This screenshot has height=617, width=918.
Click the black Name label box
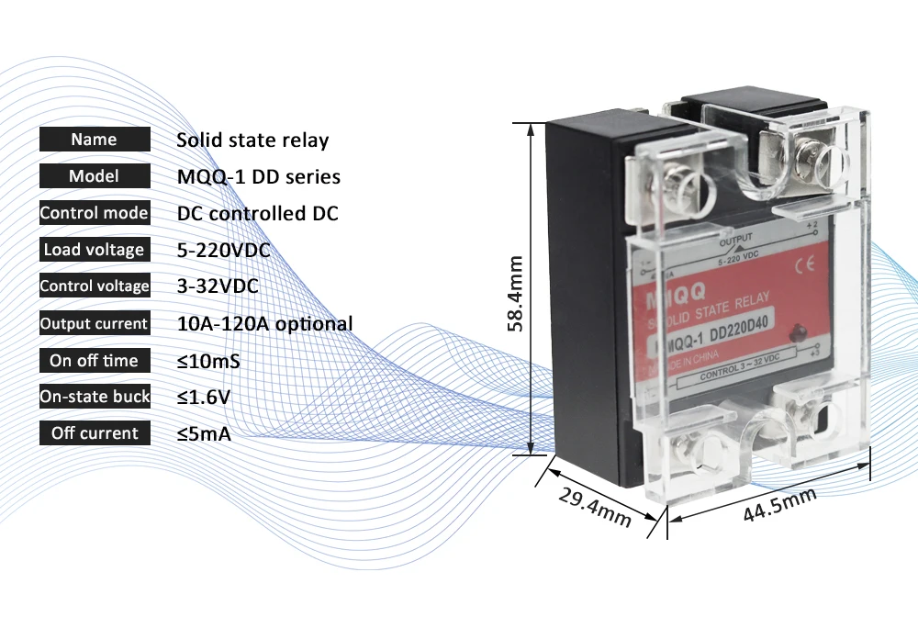pyautogui.click(x=94, y=140)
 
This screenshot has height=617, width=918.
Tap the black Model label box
pyautogui.click(x=94, y=176)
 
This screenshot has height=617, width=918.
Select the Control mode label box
pyautogui.click(x=94, y=213)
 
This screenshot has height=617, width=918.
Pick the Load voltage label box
pyautogui.click(x=94, y=250)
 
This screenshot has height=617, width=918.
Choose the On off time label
pyautogui.click(x=94, y=361)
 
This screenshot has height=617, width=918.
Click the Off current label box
pyautogui.click(x=94, y=433)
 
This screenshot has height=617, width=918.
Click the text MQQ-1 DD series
pyautogui.click(x=258, y=176)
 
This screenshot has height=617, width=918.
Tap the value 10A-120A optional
pyautogui.click(x=264, y=323)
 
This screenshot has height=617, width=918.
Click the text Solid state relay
pyautogui.click(x=252, y=140)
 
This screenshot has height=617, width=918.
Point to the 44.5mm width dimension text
pyautogui.click(x=780, y=504)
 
